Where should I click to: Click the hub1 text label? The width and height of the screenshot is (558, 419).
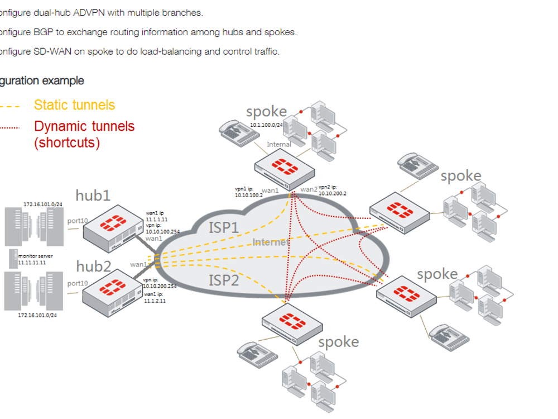click(93, 195)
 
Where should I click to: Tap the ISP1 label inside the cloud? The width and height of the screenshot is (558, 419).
click(224, 227)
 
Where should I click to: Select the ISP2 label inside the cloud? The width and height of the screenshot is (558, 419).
click(224, 279)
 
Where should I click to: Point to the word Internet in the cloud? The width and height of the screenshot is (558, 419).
click(270, 242)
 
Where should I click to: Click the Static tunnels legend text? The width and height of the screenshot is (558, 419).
click(74, 105)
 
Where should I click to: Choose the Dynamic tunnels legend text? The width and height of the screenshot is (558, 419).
click(84, 126)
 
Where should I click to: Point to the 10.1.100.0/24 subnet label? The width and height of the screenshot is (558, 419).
click(267, 126)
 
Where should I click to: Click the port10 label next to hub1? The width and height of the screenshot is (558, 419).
click(78, 221)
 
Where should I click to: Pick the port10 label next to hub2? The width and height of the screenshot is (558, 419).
click(78, 283)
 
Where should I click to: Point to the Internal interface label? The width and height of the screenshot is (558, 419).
click(278, 144)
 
